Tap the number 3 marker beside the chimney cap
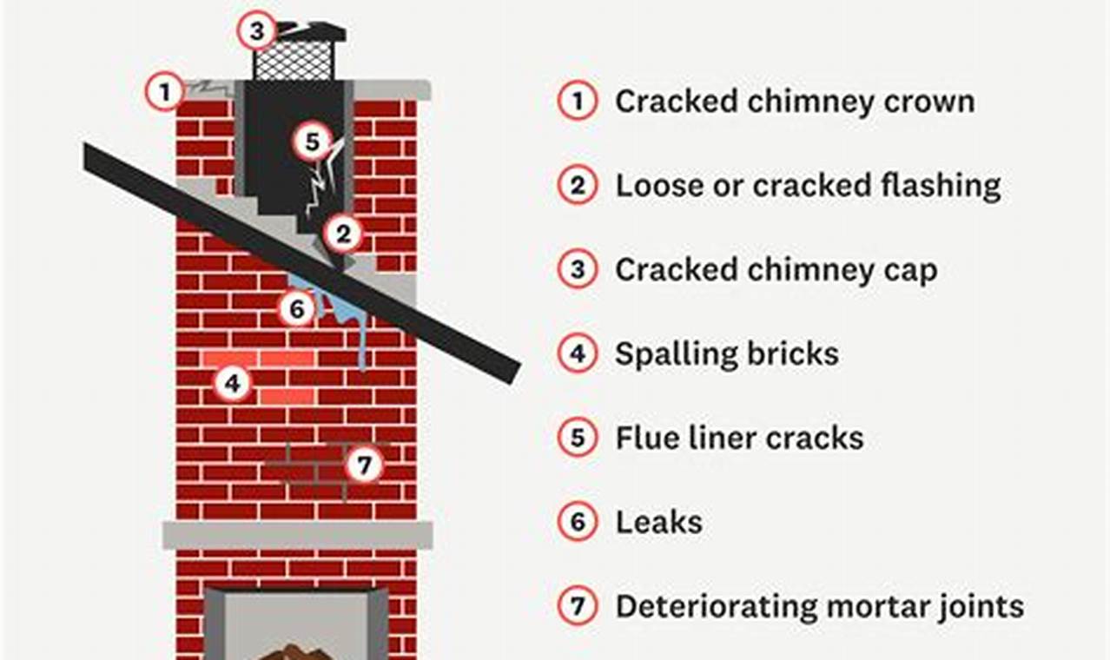coord(256,31)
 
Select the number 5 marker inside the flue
coord(312,142)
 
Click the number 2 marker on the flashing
coord(343,233)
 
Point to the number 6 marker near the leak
coord(297,309)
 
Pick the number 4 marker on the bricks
coord(231,381)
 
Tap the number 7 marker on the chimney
coord(363,465)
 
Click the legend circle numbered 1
coord(577,102)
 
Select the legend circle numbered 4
coord(577,354)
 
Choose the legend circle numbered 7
coord(577,606)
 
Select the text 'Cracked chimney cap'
coord(776,270)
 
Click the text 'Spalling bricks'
coord(727,354)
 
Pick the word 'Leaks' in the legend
coord(658,522)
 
